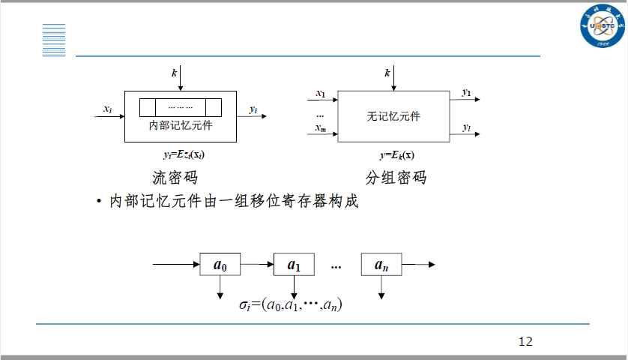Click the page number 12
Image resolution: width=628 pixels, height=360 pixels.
click(x=525, y=341)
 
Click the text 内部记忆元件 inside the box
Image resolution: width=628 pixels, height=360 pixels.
click(x=181, y=125)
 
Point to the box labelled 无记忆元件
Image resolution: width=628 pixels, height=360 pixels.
click(x=393, y=116)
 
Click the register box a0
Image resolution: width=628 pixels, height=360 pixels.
click(x=220, y=265)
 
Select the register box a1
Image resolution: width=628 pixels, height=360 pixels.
click(x=294, y=265)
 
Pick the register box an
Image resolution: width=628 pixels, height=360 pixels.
click(x=382, y=265)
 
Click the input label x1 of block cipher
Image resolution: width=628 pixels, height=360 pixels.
click(x=321, y=94)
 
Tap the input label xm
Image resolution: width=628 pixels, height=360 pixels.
click(x=321, y=130)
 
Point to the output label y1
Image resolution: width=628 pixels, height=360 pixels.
click(x=467, y=93)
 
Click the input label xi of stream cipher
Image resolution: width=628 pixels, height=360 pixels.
click(x=108, y=110)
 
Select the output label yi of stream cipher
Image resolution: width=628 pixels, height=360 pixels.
click(x=253, y=110)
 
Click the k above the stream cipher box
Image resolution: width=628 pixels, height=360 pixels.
click(x=174, y=73)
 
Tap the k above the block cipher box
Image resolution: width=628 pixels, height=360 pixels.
click(x=387, y=73)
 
